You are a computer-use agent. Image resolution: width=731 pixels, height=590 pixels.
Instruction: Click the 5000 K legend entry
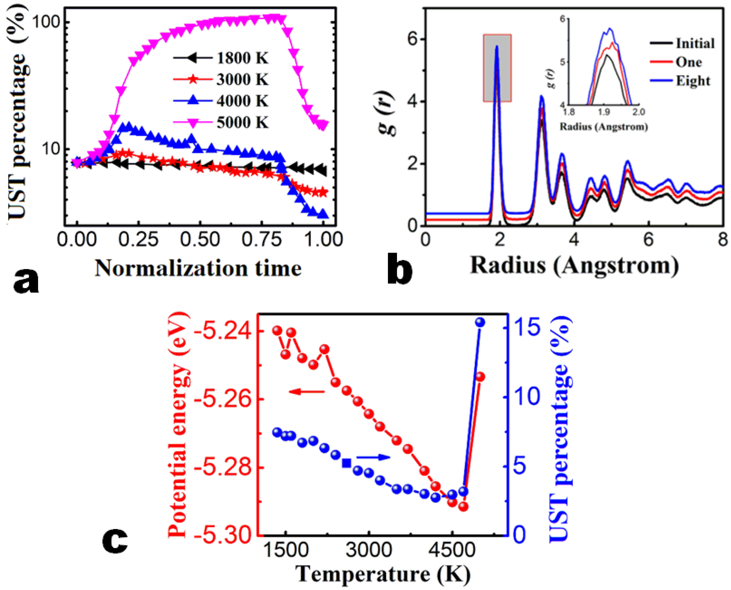[242, 122]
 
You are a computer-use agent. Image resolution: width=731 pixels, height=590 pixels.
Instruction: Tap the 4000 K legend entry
[242, 101]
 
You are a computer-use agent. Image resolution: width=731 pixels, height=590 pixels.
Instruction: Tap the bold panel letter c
[115, 540]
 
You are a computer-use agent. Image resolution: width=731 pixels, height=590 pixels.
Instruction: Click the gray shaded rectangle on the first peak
[497, 68]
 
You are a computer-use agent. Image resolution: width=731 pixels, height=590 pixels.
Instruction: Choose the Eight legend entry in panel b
[693, 81]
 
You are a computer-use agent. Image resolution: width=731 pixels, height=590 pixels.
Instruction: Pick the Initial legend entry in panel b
[695, 44]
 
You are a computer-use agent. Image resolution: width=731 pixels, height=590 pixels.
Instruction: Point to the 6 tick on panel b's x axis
[649, 240]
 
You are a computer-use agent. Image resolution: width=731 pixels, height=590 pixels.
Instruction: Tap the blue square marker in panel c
[347, 463]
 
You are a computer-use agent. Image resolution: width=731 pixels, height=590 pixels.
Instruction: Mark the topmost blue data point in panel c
[480, 322]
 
